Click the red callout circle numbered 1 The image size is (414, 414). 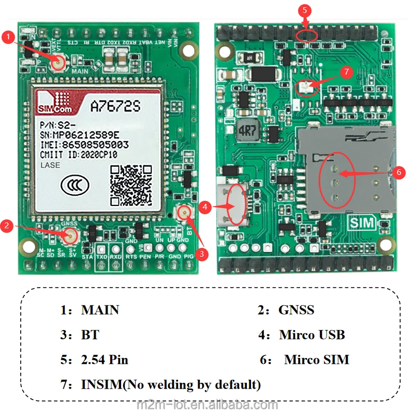tap(8, 37)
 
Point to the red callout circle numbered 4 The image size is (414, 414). tap(205, 206)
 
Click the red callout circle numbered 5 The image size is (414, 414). tap(305, 10)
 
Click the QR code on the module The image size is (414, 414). tap(131, 184)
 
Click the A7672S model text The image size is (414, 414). tap(115, 106)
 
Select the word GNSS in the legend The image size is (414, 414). tap(296, 310)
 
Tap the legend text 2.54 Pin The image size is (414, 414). tap(105, 359)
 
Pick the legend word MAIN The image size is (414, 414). tap(100, 310)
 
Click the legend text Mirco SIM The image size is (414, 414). tap(316, 359)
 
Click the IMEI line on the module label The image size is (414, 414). tap(84, 145)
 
